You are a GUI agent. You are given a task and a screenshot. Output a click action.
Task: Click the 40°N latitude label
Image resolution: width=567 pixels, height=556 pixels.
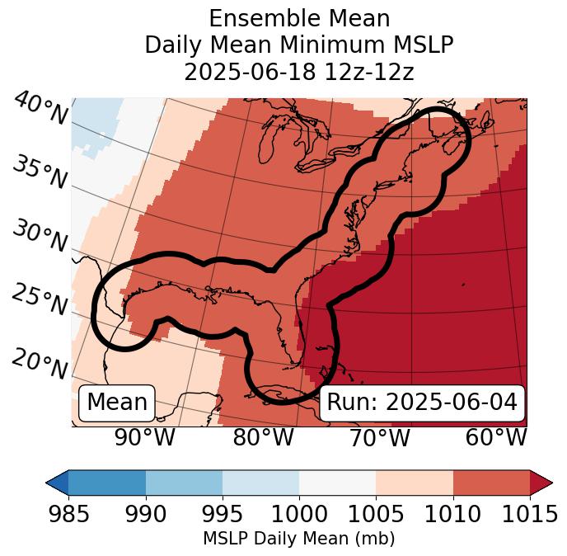(40, 110)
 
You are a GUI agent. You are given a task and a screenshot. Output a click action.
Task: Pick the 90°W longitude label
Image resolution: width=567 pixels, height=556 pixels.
(144, 438)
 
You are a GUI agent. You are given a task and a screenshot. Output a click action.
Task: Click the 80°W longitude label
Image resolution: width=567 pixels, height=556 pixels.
(263, 438)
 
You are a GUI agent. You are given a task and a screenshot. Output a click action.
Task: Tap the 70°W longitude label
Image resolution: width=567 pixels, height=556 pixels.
(379, 438)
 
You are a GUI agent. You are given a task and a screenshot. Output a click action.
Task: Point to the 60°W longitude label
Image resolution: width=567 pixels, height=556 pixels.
(496, 438)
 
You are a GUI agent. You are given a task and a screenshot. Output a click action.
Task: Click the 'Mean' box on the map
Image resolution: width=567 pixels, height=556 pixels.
(117, 403)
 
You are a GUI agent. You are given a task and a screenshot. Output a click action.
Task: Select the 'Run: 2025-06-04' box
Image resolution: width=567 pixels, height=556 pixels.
(422, 403)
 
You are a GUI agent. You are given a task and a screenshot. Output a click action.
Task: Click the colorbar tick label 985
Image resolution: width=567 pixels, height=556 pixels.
(68, 515)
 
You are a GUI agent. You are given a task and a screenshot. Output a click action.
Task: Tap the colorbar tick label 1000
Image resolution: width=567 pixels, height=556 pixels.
(299, 515)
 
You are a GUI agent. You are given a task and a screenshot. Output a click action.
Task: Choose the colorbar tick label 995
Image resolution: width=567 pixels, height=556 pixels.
(223, 515)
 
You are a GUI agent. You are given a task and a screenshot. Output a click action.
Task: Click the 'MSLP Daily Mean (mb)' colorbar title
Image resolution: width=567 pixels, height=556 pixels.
(299, 540)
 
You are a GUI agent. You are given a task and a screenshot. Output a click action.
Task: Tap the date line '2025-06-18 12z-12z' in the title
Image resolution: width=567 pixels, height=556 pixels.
(299, 72)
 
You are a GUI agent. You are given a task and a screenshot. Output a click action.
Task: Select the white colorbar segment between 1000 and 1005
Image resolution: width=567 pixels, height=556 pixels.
(337, 482)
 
